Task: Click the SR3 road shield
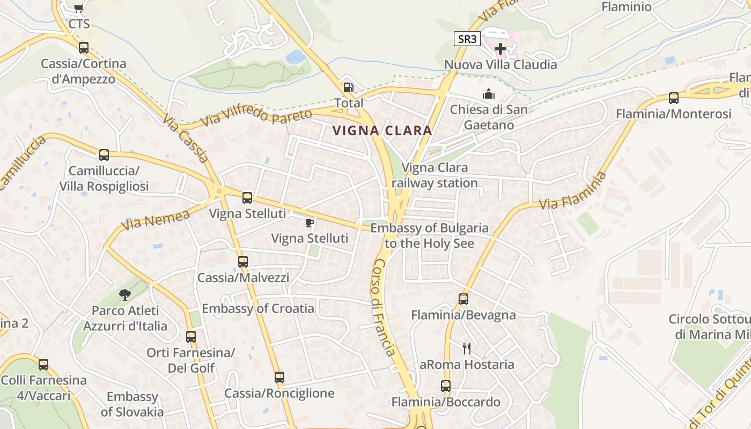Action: click(x=467, y=39)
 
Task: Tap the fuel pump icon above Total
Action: click(x=348, y=87)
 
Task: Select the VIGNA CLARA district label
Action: click(x=382, y=130)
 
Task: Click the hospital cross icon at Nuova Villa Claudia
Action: click(x=500, y=49)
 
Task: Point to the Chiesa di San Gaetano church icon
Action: click(x=489, y=94)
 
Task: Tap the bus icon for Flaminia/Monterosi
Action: click(x=673, y=98)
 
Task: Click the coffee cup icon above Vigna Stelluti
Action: click(x=310, y=223)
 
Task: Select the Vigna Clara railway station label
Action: click(x=435, y=175)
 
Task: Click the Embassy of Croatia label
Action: click(x=258, y=308)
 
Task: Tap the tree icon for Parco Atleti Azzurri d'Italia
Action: click(x=125, y=294)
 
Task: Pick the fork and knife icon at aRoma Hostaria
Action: click(x=467, y=349)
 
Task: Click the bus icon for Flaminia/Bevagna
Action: click(x=463, y=299)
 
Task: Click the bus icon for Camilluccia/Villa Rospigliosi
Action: click(x=104, y=155)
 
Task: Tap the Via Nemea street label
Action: click(x=156, y=220)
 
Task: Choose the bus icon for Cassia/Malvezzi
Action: click(x=243, y=262)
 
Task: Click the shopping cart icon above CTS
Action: click(x=79, y=8)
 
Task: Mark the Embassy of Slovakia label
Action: click(x=132, y=404)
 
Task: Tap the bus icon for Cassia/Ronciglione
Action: click(x=279, y=378)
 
